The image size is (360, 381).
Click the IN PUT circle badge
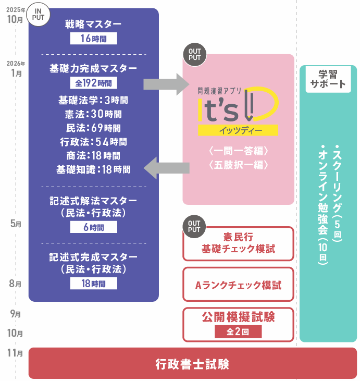click(38, 15)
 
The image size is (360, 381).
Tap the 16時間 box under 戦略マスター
click(94, 39)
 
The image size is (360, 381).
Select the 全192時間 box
click(94, 83)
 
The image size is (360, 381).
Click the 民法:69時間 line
click(94, 128)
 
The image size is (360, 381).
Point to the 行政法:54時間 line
click(94, 142)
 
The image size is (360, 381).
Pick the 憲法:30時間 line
click(94, 114)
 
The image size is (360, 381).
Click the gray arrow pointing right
click(166, 84)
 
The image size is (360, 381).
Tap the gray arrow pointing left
click(166, 168)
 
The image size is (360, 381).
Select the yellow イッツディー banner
click(238, 130)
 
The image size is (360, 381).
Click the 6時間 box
click(94, 227)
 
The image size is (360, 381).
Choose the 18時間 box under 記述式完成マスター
click(94, 284)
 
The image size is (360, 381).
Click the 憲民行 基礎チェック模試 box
click(238, 243)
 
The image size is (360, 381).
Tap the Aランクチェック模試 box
click(238, 284)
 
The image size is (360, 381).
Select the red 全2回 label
click(238, 331)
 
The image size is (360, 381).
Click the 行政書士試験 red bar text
click(192, 364)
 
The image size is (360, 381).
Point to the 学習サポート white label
click(328, 79)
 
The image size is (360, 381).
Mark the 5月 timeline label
click(16, 224)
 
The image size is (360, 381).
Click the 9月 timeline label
click(16, 314)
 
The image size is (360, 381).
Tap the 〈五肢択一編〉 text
click(238, 165)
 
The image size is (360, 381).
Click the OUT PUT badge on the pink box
click(194, 54)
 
